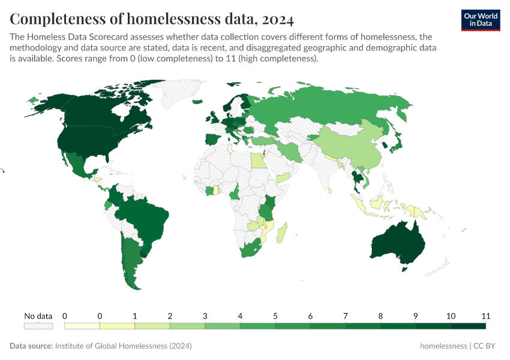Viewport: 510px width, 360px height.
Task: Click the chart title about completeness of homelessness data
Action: (152, 20)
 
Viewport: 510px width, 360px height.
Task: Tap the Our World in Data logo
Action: (480, 20)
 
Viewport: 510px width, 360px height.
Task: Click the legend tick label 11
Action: (485, 316)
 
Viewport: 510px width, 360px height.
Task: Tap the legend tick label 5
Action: (275, 316)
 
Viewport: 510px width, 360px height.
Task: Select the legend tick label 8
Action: (380, 316)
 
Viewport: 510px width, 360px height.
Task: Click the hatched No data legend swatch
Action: (38, 326)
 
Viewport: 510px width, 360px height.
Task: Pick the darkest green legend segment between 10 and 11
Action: (468, 326)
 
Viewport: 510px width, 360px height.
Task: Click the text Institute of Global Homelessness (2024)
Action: (123, 346)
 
